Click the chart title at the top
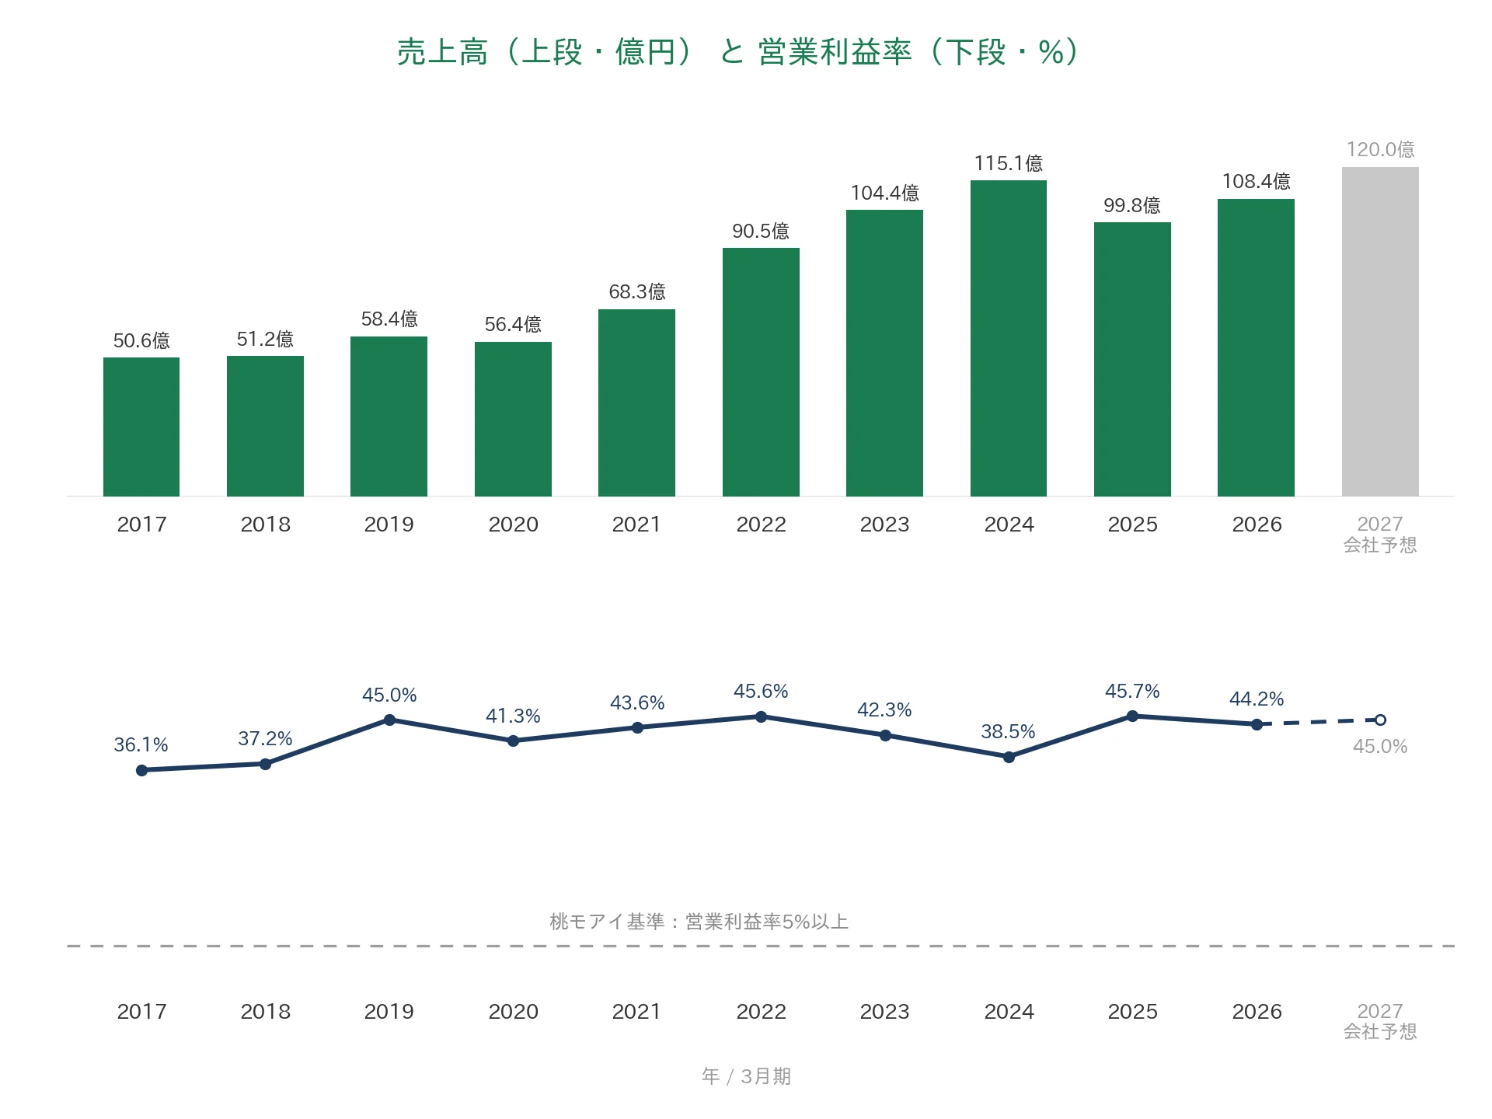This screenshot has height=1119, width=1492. click(x=737, y=52)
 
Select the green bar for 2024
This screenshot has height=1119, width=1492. click(x=1009, y=338)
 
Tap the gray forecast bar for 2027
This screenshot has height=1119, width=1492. click(x=1380, y=332)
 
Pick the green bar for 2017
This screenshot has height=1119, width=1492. click(x=141, y=427)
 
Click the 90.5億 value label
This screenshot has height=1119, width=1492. click(x=761, y=231)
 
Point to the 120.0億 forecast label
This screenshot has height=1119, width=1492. click(x=1380, y=149)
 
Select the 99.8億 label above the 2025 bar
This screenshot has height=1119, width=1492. click(x=1132, y=205)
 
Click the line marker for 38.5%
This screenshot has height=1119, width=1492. click(x=1009, y=757)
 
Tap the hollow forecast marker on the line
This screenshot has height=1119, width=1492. click(x=1380, y=720)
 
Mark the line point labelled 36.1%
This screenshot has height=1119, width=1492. click(x=141, y=770)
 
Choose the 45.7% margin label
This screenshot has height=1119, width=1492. click(x=1132, y=691)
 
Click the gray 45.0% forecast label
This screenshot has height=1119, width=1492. click(x=1380, y=746)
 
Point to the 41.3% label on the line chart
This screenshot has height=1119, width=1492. click(x=513, y=716)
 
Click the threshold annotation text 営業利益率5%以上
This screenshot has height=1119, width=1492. click(x=767, y=922)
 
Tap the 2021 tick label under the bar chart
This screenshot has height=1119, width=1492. click(x=636, y=525)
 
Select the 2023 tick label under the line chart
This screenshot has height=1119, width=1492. click(x=884, y=1012)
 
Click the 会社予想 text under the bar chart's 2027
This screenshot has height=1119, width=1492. click(x=1380, y=546)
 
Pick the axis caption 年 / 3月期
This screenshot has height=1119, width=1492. click(x=746, y=1076)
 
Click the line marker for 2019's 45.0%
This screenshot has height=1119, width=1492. click(x=389, y=720)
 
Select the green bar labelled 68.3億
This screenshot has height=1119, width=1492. click(x=636, y=403)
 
